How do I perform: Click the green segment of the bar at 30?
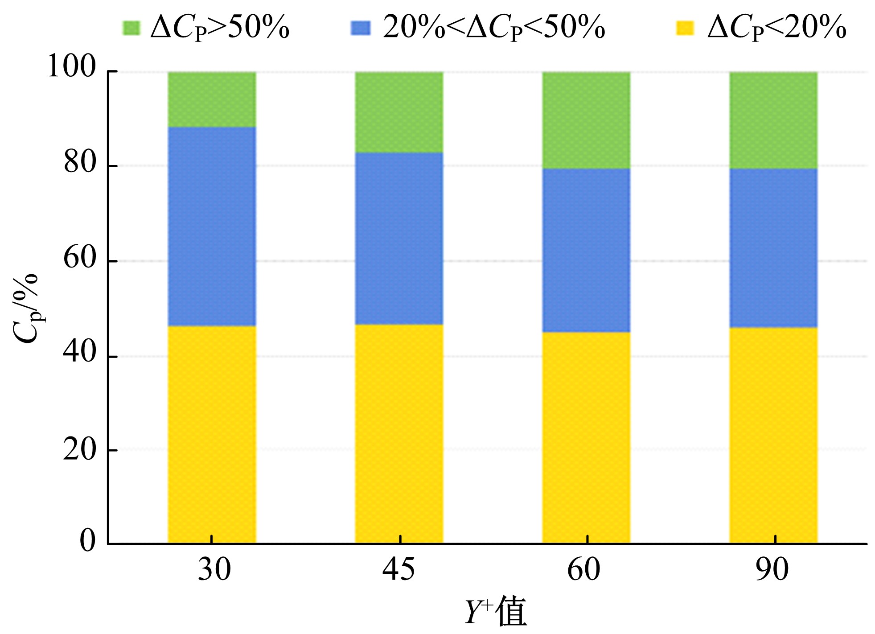pos(212,99)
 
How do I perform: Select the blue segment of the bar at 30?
pos(212,226)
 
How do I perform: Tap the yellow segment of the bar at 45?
pos(399,433)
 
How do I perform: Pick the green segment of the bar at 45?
pos(399,112)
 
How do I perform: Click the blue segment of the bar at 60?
pos(586,250)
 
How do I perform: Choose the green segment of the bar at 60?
pos(586,120)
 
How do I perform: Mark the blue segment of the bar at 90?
pos(773,248)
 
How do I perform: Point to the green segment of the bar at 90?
pos(773,120)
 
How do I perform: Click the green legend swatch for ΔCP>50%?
pos(131,28)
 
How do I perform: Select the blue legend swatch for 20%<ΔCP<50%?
pos(361,28)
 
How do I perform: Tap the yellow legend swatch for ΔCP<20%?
pos(685,28)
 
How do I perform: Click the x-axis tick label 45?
pos(398,570)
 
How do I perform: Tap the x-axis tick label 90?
pos(772,570)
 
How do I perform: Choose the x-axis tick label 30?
pos(214,570)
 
